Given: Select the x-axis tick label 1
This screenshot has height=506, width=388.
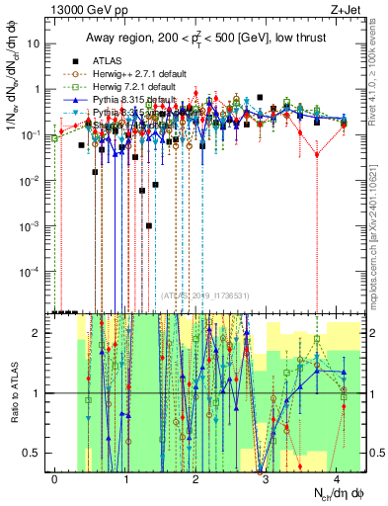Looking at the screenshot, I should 126,479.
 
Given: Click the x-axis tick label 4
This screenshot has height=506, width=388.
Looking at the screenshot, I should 337,479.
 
